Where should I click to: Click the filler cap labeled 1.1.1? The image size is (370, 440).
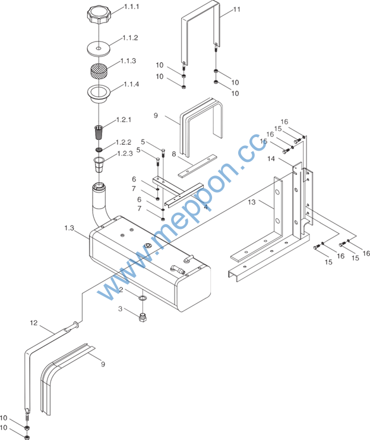point(99,15)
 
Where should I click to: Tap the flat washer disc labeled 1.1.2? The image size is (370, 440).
point(99,49)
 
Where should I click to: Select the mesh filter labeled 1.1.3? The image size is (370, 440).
point(99,71)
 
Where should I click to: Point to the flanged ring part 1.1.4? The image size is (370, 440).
point(99,94)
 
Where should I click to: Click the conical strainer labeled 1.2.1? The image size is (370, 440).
point(99,132)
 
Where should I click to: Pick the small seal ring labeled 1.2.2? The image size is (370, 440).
point(99,149)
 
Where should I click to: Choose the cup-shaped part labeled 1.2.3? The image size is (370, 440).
point(99,165)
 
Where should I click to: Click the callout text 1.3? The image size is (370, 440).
point(69,228)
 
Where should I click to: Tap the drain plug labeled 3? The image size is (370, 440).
point(143,317)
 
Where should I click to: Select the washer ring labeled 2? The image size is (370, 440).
point(143,298)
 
